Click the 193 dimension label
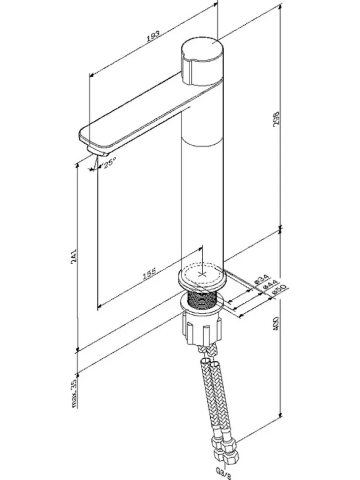pos(153,36)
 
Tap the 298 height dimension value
pos(276,118)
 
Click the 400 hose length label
pos(276,323)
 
